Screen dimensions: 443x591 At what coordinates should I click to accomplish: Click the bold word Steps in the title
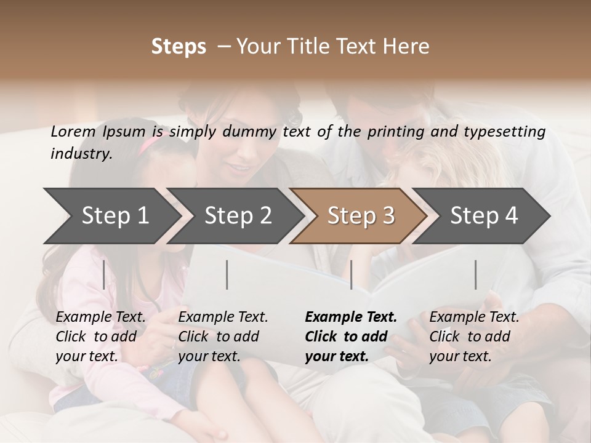pos(179,47)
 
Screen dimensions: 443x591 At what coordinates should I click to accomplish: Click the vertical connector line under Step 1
pos(104,274)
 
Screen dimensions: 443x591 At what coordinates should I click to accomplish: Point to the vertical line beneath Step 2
pos(227,274)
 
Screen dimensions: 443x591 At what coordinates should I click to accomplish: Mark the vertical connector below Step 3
pos(352,274)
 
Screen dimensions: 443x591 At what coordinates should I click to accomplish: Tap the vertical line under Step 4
pos(476,274)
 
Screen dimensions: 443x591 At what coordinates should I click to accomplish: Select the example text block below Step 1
pos(100,337)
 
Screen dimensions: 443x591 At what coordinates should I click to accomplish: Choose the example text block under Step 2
pos(223,337)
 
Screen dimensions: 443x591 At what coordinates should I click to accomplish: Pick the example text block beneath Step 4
pos(474,337)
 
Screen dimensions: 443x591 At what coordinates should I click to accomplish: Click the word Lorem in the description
pos(73,131)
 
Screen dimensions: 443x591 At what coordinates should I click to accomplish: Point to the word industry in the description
pos(81,154)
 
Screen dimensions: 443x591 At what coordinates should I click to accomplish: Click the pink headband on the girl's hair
pos(150,145)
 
